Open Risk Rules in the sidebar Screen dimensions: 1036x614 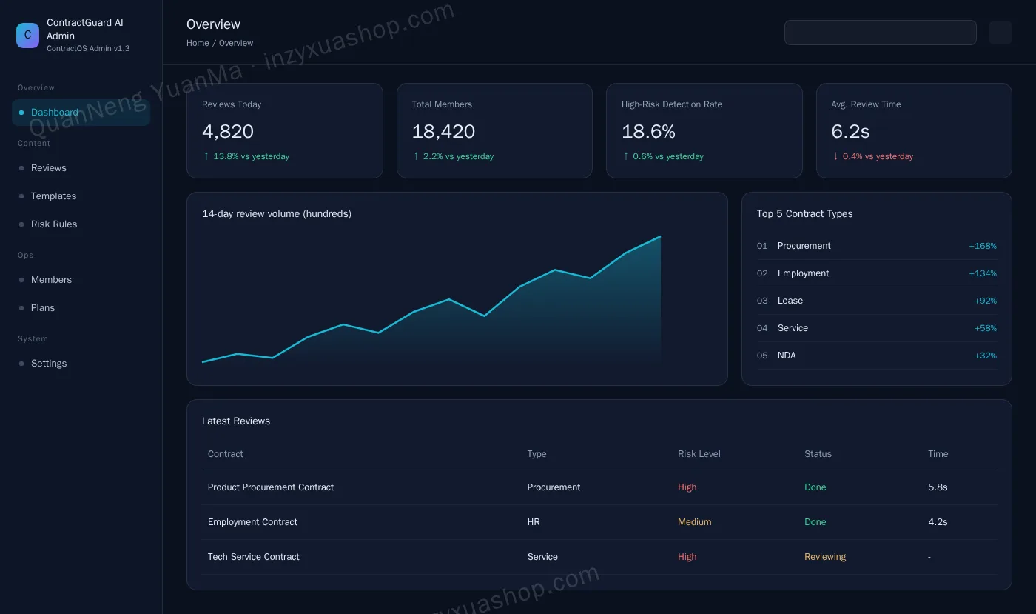pos(53,224)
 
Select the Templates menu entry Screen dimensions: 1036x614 pos(53,196)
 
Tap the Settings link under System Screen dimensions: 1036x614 pos(49,364)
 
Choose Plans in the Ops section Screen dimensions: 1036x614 pos(43,308)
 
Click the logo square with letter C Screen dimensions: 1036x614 pos(28,36)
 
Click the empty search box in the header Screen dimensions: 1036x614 pos(880,33)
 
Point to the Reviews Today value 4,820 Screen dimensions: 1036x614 pos(228,132)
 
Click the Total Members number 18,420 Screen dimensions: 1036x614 pos(443,132)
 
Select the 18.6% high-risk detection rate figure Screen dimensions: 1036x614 pos(648,132)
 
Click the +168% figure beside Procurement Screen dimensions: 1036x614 pos(983,246)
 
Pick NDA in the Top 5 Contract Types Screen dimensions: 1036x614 pos(786,356)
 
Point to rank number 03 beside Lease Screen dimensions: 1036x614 pos(761,301)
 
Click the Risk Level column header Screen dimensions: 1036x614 pos(699,454)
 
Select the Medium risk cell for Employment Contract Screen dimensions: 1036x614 pos(694,522)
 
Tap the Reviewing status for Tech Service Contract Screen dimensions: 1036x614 pos(824,556)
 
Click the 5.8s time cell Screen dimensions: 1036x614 pos(938,487)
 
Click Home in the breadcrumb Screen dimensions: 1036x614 pos(198,43)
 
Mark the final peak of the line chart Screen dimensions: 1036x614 pos(660,236)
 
